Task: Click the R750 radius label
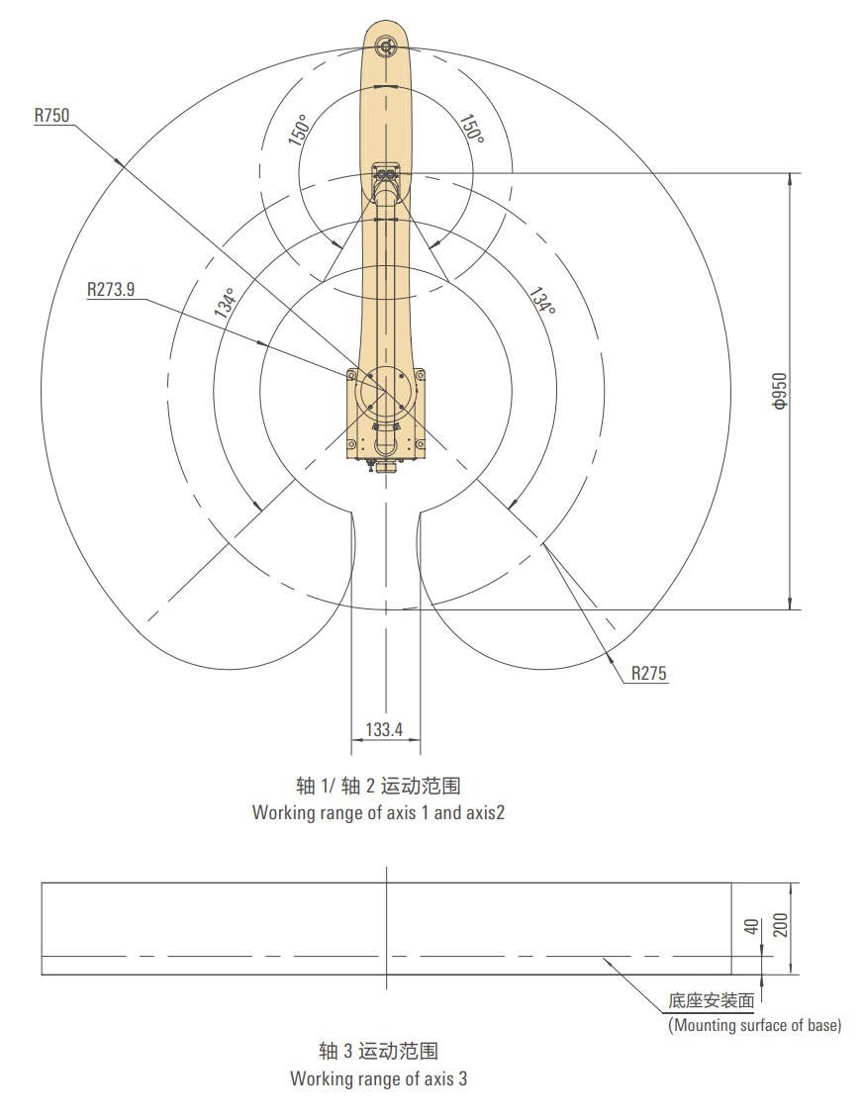click(51, 116)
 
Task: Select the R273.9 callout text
click(111, 290)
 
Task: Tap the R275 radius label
click(649, 674)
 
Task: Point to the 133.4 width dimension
click(384, 730)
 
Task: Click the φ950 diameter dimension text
click(779, 392)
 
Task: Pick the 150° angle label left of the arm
click(299, 130)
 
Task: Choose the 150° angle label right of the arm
click(471, 130)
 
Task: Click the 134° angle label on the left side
click(226, 304)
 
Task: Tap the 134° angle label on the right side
click(540, 302)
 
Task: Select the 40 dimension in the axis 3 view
click(751, 927)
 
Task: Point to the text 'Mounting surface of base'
click(755, 1025)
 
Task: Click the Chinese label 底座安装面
click(712, 1001)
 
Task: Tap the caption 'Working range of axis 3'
click(378, 1078)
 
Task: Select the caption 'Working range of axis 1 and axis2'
click(380, 813)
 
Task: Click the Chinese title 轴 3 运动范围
click(378, 1051)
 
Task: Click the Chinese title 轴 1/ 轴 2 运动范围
click(380, 786)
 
